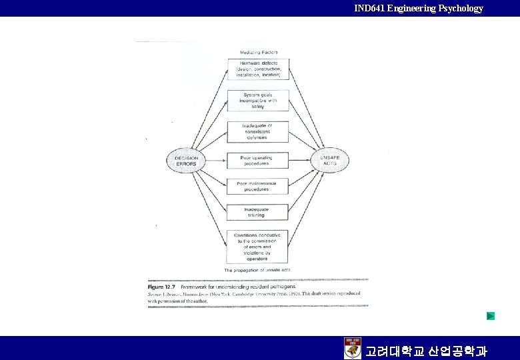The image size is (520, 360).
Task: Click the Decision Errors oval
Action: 186,161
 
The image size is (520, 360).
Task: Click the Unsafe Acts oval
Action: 330,161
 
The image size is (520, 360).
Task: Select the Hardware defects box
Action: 258,69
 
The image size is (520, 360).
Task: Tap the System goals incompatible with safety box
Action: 258,100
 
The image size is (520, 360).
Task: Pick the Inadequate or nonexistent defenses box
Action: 258,131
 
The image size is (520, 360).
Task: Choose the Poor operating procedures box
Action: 258,161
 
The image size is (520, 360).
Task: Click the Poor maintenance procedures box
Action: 258,186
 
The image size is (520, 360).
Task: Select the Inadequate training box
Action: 258,211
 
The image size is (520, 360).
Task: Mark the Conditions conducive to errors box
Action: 258,246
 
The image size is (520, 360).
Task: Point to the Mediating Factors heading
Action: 259,52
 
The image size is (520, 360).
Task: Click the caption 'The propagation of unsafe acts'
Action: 257,270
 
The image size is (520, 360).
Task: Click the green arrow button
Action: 491,316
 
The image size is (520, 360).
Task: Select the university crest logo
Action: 353,348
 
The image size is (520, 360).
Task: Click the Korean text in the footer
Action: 426,351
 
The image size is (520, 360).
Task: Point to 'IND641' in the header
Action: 369,8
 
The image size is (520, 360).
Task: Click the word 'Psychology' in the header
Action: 460,8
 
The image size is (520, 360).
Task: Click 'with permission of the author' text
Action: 178,301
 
